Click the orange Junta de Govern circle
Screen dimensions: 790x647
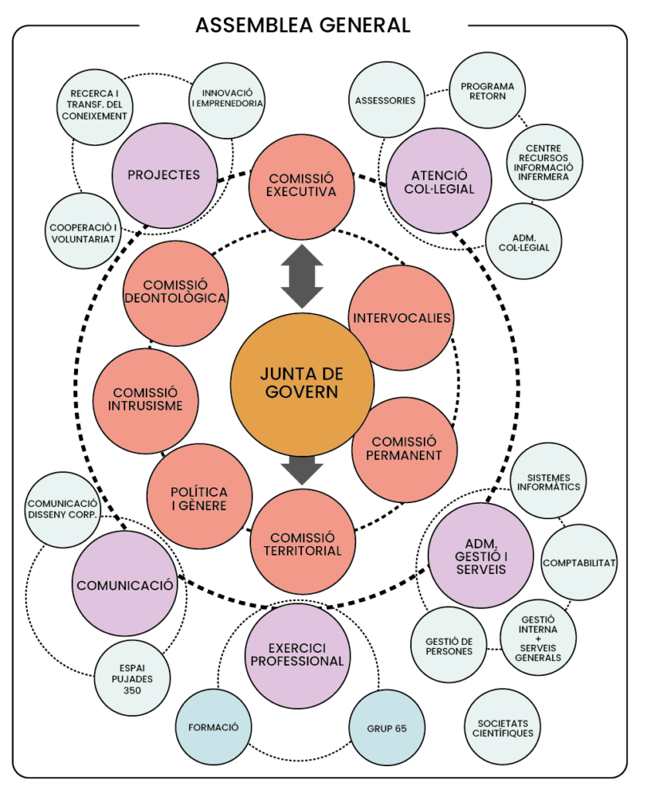click(302, 383)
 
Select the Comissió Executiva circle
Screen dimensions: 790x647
click(302, 186)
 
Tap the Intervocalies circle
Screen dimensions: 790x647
click(401, 318)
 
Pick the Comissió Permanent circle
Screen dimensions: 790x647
click(405, 449)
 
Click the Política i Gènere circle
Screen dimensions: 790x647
click(200, 498)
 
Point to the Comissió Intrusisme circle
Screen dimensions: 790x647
click(145, 400)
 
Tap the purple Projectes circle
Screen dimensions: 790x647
click(164, 176)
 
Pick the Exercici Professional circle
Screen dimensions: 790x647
click(297, 655)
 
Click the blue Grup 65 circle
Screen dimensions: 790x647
click(386, 727)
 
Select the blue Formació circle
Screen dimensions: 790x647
click(214, 727)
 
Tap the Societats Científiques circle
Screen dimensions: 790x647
click(503, 727)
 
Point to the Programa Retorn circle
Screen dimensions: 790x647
click(487, 92)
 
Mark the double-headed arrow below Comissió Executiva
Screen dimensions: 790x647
click(301, 276)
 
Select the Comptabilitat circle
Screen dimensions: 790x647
click(579, 562)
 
